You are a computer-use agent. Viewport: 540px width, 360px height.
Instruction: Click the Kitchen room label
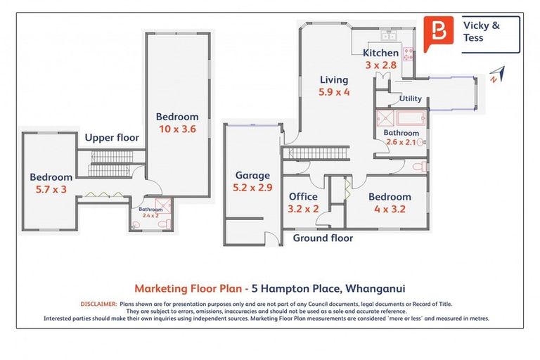(380, 53)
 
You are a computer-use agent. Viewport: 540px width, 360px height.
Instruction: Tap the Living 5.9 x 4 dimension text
(334, 91)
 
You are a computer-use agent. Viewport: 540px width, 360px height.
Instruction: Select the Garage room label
(252, 176)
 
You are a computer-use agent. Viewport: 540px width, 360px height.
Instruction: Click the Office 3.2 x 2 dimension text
(304, 208)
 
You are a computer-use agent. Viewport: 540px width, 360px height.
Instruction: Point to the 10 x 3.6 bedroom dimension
(176, 129)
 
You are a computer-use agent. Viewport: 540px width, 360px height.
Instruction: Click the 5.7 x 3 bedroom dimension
(51, 189)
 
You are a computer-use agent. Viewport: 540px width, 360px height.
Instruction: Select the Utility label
(410, 99)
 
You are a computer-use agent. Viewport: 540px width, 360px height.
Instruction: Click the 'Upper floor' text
(112, 138)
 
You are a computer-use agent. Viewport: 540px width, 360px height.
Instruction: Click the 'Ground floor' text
(323, 238)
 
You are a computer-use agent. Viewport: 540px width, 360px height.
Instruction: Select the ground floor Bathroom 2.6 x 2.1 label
(401, 137)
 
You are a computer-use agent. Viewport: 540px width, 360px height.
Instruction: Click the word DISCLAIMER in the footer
(98, 304)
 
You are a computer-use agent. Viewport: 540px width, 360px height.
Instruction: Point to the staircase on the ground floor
(316, 153)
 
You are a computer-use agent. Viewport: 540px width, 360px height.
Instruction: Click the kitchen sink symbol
(389, 34)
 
